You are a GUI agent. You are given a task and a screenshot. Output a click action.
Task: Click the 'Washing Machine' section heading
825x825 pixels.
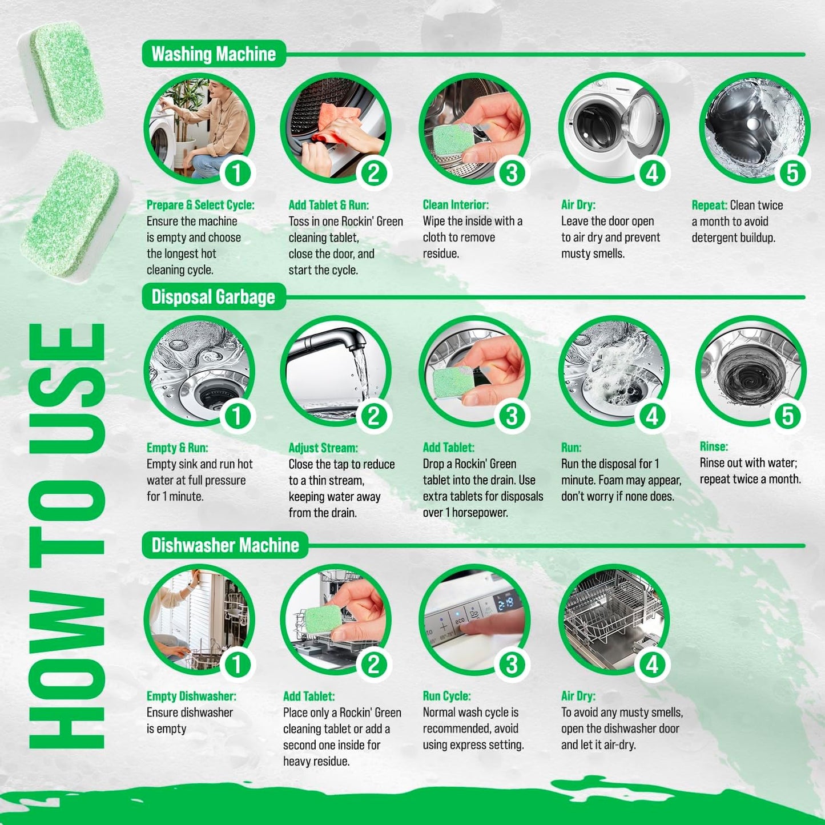pyautogui.click(x=214, y=54)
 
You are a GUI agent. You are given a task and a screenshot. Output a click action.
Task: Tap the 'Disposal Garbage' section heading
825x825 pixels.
pyautogui.click(x=213, y=297)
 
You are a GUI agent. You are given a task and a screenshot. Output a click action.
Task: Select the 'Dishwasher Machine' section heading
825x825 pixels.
pyautogui.click(x=225, y=545)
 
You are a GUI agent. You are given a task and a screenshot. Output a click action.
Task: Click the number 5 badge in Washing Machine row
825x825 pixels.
pyautogui.click(x=792, y=173)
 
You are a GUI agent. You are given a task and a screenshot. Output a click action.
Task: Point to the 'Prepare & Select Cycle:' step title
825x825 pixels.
pyautogui.click(x=200, y=205)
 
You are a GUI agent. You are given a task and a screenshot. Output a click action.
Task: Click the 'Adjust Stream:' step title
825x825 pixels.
pyautogui.click(x=323, y=448)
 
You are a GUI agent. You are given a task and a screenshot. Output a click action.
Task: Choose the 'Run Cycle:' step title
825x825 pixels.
pyautogui.click(x=447, y=696)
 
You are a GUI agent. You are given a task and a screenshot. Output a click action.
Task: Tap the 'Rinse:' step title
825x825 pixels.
pyautogui.click(x=714, y=446)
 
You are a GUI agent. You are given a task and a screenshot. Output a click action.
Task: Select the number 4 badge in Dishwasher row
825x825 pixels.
pyautogui.click(x=652, y=664)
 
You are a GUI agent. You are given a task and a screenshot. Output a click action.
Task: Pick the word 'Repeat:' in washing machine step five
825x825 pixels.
pyautogui.click(x=709, y=206)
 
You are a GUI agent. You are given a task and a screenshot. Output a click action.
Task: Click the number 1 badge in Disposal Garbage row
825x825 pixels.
pyautogui.click(x=237, y=416)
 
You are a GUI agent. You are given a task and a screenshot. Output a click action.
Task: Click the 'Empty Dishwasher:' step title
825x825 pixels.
pyautogui.click(x=191, y=696)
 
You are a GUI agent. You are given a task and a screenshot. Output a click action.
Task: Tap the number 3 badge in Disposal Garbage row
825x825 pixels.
pyautogui.click(x=512, y=416)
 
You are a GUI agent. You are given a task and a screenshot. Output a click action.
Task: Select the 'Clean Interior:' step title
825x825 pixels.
pyautogui.click(x=456, y=205)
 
